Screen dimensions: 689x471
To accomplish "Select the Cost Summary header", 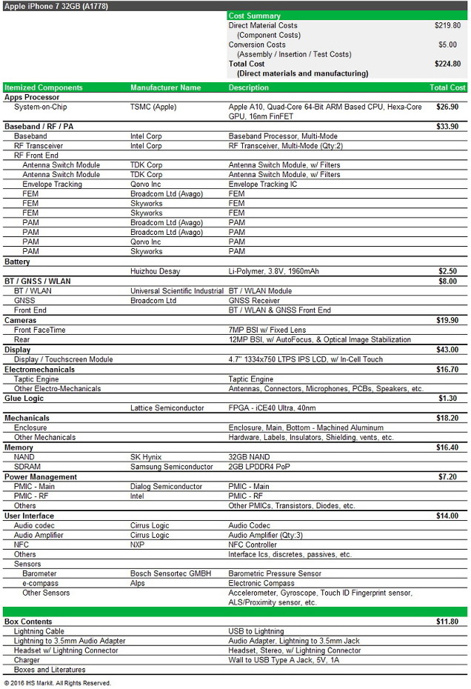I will [254, 16].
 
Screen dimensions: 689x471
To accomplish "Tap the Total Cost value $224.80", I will [447, 64].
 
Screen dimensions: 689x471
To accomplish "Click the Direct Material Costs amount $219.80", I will [447, 25].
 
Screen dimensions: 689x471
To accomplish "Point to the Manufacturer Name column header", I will [165, 87].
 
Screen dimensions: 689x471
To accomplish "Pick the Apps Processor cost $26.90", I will [447, 107].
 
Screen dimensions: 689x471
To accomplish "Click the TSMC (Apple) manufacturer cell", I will [153, 107].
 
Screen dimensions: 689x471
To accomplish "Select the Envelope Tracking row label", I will [52, 184].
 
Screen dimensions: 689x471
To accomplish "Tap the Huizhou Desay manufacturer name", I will [155, 272].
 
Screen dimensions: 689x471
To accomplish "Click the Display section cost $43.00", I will [447, 350].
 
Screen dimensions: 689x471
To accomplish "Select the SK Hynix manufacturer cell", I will [146, 457].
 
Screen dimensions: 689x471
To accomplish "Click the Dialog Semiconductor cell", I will [166, 487].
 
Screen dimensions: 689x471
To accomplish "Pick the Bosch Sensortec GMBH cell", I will [170, 573].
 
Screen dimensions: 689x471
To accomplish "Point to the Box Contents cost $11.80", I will [447, 622].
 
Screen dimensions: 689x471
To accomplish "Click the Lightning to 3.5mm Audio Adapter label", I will [70, 641].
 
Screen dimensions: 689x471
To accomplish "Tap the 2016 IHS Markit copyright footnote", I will [58, 683].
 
